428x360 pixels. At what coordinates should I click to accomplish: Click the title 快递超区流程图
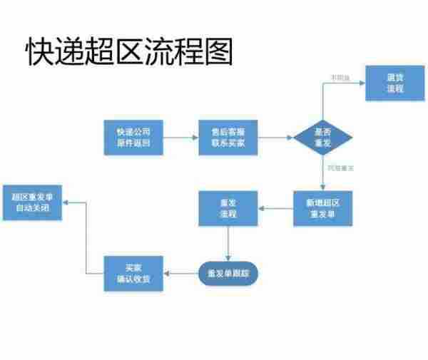129,51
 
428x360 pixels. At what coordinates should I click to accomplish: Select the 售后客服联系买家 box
228,137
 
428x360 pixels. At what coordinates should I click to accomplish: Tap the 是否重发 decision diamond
322,138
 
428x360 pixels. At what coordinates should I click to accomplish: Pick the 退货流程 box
394,83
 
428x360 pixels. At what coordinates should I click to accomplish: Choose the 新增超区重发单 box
322,208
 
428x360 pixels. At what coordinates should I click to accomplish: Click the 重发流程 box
228,208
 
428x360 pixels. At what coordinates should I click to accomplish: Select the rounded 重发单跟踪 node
228,273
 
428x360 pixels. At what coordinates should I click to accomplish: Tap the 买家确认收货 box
133,273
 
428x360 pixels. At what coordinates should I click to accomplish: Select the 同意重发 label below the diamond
340,168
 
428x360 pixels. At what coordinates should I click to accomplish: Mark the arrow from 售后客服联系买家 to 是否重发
275,138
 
